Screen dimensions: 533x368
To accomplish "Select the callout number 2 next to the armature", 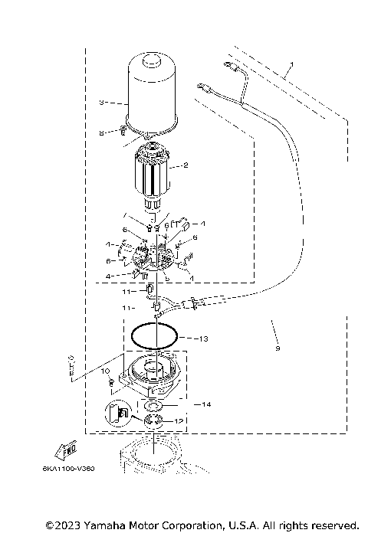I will point(184,165).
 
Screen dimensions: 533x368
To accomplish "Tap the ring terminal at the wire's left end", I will point(203,87).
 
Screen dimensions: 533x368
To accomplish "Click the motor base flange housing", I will point(150,374).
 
